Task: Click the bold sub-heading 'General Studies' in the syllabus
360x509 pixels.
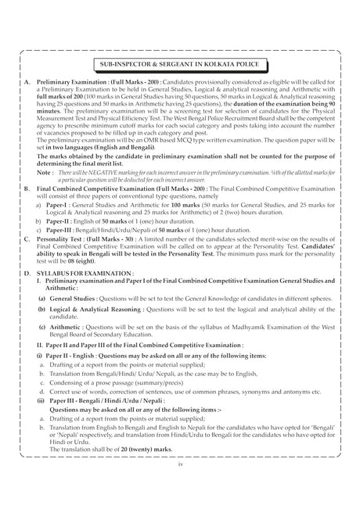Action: pyautogui.click(x=74, y=320)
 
